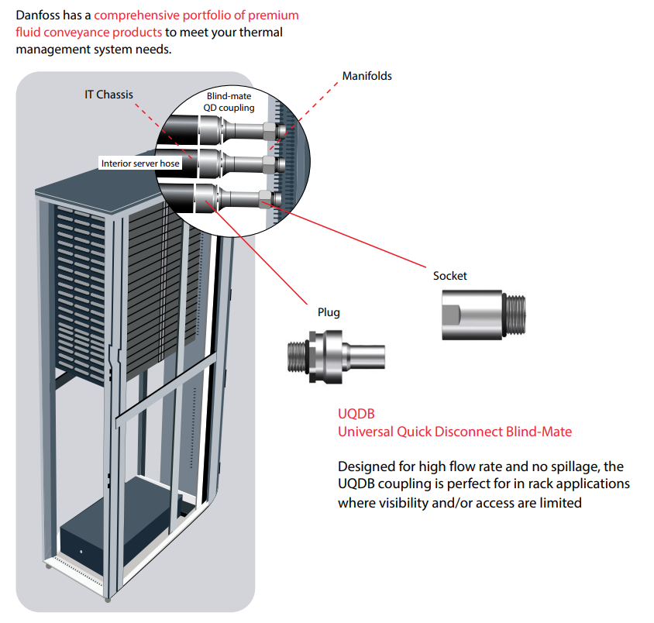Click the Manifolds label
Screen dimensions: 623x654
pos(367,76)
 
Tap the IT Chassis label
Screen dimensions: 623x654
pos(108,95)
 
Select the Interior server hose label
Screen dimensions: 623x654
pos(140,163)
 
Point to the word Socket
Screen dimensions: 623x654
pos(450,276)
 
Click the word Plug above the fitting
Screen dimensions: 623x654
pos(329,312)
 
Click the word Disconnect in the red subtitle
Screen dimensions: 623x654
pos(470,432)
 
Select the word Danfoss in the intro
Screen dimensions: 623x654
pos(39,15)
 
